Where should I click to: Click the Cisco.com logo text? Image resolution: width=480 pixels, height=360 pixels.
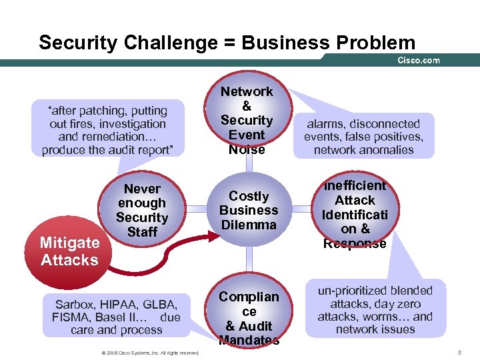(419, 60)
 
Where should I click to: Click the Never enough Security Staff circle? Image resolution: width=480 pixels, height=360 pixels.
(142, 210)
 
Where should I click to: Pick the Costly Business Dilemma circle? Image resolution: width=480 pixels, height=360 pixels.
(249, 210)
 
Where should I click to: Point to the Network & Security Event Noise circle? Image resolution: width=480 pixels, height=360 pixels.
(247, 121)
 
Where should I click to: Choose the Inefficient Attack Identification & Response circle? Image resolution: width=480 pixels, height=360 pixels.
(355, 214)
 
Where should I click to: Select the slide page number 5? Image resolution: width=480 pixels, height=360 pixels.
(460, 351)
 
